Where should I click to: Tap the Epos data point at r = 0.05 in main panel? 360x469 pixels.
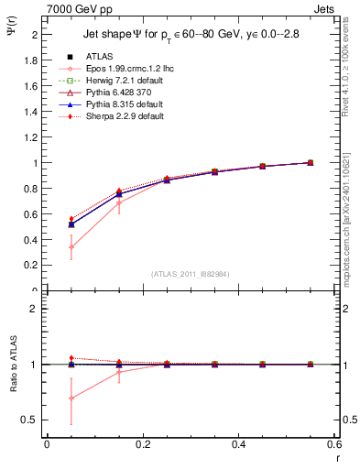71,247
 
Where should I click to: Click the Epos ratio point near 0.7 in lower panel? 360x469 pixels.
71,398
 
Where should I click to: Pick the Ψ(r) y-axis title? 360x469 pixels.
11,32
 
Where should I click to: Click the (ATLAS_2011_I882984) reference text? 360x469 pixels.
190,274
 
